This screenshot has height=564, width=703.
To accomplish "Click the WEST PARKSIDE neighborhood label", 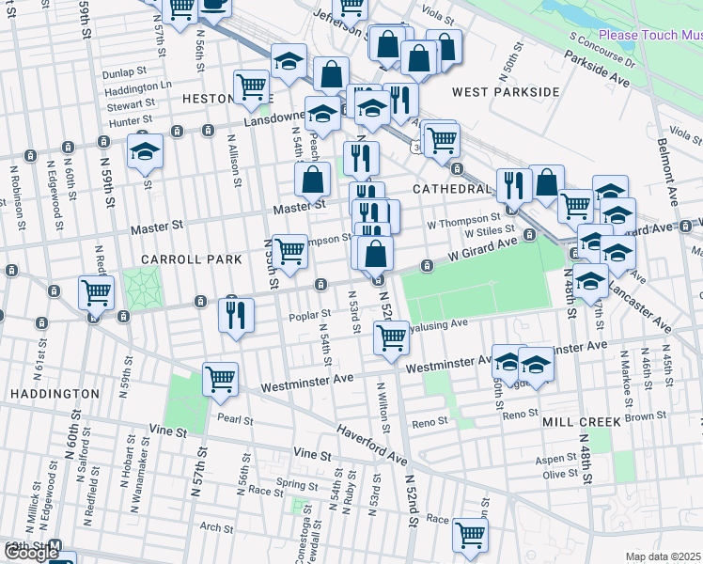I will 506,92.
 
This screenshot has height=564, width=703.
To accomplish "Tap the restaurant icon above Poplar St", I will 236,314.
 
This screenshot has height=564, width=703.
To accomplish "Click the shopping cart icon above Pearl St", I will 220,379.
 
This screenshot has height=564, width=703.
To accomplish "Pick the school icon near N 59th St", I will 145,150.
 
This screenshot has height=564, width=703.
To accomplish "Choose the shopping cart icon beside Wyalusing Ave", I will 391,337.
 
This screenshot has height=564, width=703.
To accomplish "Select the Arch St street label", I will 215,528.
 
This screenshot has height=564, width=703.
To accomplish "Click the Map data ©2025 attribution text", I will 664,556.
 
